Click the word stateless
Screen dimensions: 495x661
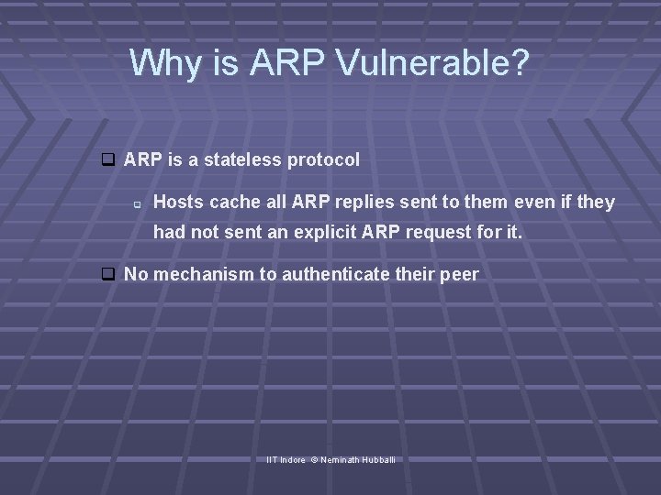pos(243,159)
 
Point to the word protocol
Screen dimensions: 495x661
pos(323,160)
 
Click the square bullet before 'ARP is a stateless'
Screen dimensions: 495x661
pos(107,160)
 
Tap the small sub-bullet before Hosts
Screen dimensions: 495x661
pos(136,203)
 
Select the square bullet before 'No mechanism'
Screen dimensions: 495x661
pos(107,274)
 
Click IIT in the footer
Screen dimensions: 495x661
pos(271,458)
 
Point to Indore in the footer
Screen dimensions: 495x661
pos(293,458)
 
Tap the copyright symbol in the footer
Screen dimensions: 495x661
pos(314,458)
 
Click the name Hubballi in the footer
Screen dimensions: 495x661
pos(377,458)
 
